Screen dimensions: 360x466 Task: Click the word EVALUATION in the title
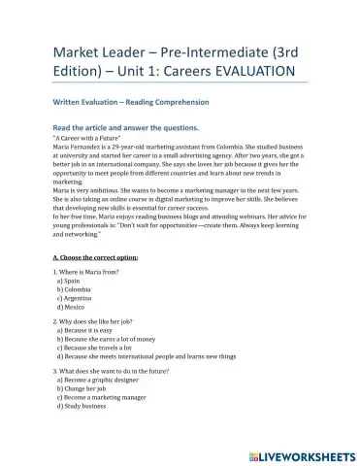pos(246,73)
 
